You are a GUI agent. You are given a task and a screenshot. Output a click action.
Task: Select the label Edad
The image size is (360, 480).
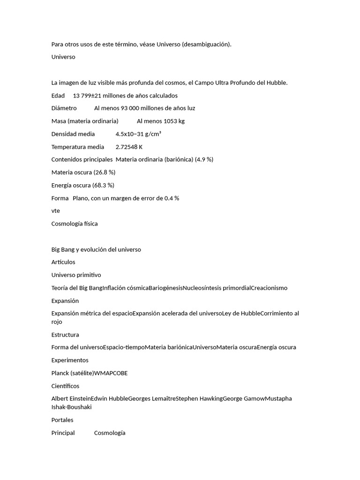tap(58, 96)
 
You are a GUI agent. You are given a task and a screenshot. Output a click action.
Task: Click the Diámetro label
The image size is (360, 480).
tap(64, 108)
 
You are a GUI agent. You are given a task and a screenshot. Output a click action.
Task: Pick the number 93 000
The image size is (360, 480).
tap(134, 108)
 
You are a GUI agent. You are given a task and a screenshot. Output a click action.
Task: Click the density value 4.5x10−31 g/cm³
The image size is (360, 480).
tap(138, 134)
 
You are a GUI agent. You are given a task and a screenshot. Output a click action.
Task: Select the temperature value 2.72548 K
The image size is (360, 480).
tap(129, 147)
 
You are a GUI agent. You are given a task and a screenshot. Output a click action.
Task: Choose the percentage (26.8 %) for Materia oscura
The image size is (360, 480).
tap(105, 172)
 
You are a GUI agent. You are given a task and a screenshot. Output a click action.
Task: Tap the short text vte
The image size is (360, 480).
tap(56, 211)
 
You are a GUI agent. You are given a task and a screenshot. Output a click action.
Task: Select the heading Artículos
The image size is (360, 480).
tap(63, 262)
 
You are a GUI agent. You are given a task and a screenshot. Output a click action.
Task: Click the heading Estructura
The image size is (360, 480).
tap(65, 335)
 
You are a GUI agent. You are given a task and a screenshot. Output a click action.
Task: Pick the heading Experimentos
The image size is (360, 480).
tap(70, 360)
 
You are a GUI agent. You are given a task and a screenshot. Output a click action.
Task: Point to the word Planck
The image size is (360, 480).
tap(61, 373)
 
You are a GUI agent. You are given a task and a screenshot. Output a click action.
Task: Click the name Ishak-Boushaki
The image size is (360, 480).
tap(71, 407)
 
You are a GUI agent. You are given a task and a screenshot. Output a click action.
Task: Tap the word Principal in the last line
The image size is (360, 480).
tap(63, 433)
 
